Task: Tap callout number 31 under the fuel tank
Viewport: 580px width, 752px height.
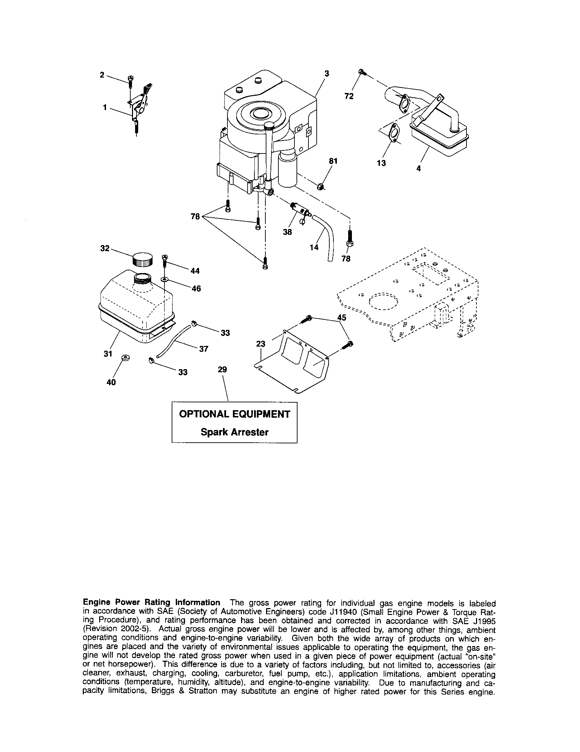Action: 108,354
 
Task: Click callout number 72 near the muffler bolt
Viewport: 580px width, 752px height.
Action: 349,96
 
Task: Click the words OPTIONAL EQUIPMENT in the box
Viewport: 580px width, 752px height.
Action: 235,414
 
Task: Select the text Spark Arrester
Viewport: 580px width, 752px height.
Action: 235,432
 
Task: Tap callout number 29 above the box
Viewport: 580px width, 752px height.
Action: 223,370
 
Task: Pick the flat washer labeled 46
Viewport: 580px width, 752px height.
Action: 165,279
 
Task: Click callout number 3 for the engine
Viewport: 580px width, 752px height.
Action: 326,73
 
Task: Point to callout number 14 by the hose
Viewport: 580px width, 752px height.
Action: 314,247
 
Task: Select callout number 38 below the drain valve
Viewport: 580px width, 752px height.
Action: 287,232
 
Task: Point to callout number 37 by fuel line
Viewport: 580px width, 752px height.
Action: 203,349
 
